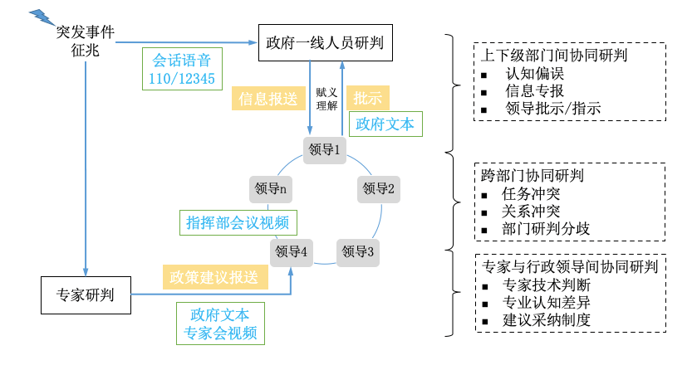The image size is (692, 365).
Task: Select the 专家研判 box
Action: pyautogui.click(x=86, y=294)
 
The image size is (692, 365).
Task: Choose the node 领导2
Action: pyautogui.click(x=379, y=188)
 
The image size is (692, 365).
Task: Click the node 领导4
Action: pyautogui.click(x=292, y=251)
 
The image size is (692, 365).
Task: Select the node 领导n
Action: pyautogui.click(x=271, y=188)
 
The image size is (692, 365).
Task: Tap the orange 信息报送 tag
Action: pyautogui.click(x=267, y=99)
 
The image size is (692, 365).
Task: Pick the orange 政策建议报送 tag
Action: pyautogui.click(x=215, y=275)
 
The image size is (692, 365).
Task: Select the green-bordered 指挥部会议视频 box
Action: pyautogui.click(x=238, y=221)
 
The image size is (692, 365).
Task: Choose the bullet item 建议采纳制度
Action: pyautogui.click(x=547, y=319)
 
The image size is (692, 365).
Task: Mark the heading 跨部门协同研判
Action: pyautogui.click(x=532, y=176)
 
